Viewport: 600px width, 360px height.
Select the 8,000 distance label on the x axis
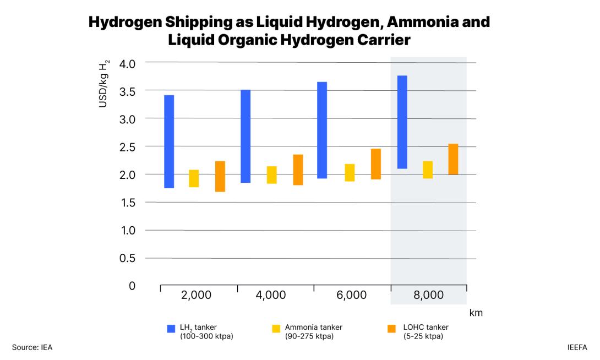tap(428, 295)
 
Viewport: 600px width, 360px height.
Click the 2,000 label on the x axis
tap(197, 295)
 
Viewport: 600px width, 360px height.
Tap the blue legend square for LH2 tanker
tap(171, 329)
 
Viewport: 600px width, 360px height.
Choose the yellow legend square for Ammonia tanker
tap(276, 329)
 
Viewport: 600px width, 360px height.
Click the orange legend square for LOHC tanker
tap(391, 329)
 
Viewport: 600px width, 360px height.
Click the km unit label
tap(476, 313)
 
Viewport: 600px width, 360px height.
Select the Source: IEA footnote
tap(31, 347)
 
